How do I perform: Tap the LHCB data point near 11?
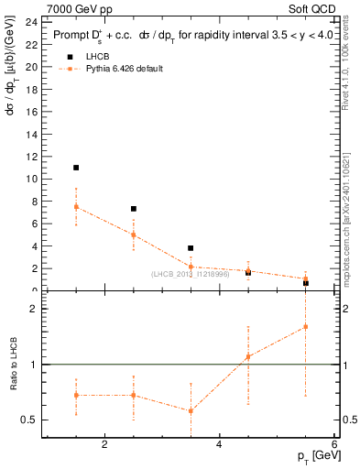[76, 168]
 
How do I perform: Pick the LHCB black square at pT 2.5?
[134, 209]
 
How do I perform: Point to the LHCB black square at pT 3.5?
[191, 248]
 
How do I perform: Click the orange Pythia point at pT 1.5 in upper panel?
[76, 207]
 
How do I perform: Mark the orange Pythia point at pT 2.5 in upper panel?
[134, 234]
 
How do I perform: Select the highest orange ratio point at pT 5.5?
[305, 327]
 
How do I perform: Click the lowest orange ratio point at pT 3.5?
[191, 410]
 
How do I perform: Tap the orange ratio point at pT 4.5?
[248, 357]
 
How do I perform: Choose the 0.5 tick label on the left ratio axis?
[27, 420]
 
